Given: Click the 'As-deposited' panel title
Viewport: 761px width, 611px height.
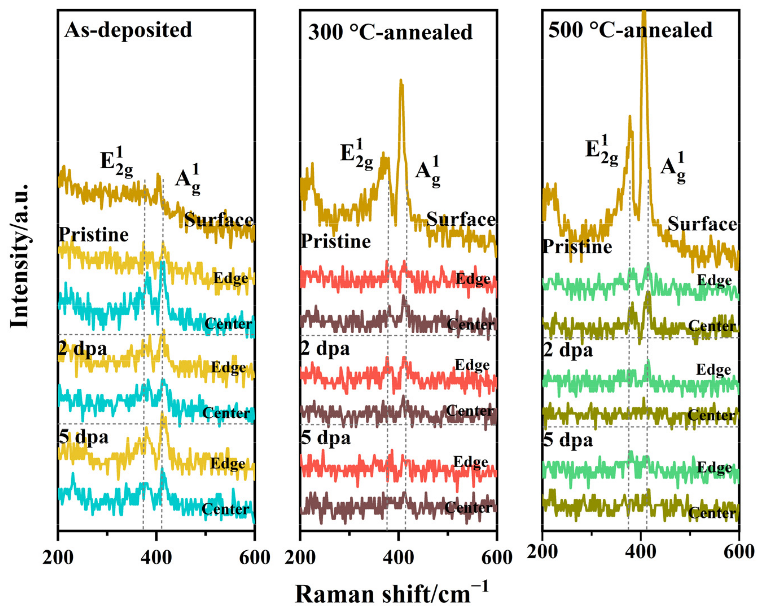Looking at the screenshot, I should coord(128,30).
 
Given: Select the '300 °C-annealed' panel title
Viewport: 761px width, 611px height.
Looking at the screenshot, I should coord(390,32).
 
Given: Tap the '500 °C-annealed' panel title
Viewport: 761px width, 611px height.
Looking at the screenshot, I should coord(630,30).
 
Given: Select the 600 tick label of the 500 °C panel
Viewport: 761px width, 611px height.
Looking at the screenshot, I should coord(738,552).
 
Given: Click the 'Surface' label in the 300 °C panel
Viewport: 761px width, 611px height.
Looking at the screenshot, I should coord(461,219).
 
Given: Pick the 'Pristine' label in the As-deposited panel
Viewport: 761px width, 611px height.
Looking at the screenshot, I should coord(93,235).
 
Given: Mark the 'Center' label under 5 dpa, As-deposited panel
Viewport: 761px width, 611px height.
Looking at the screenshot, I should coord(225,509).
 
